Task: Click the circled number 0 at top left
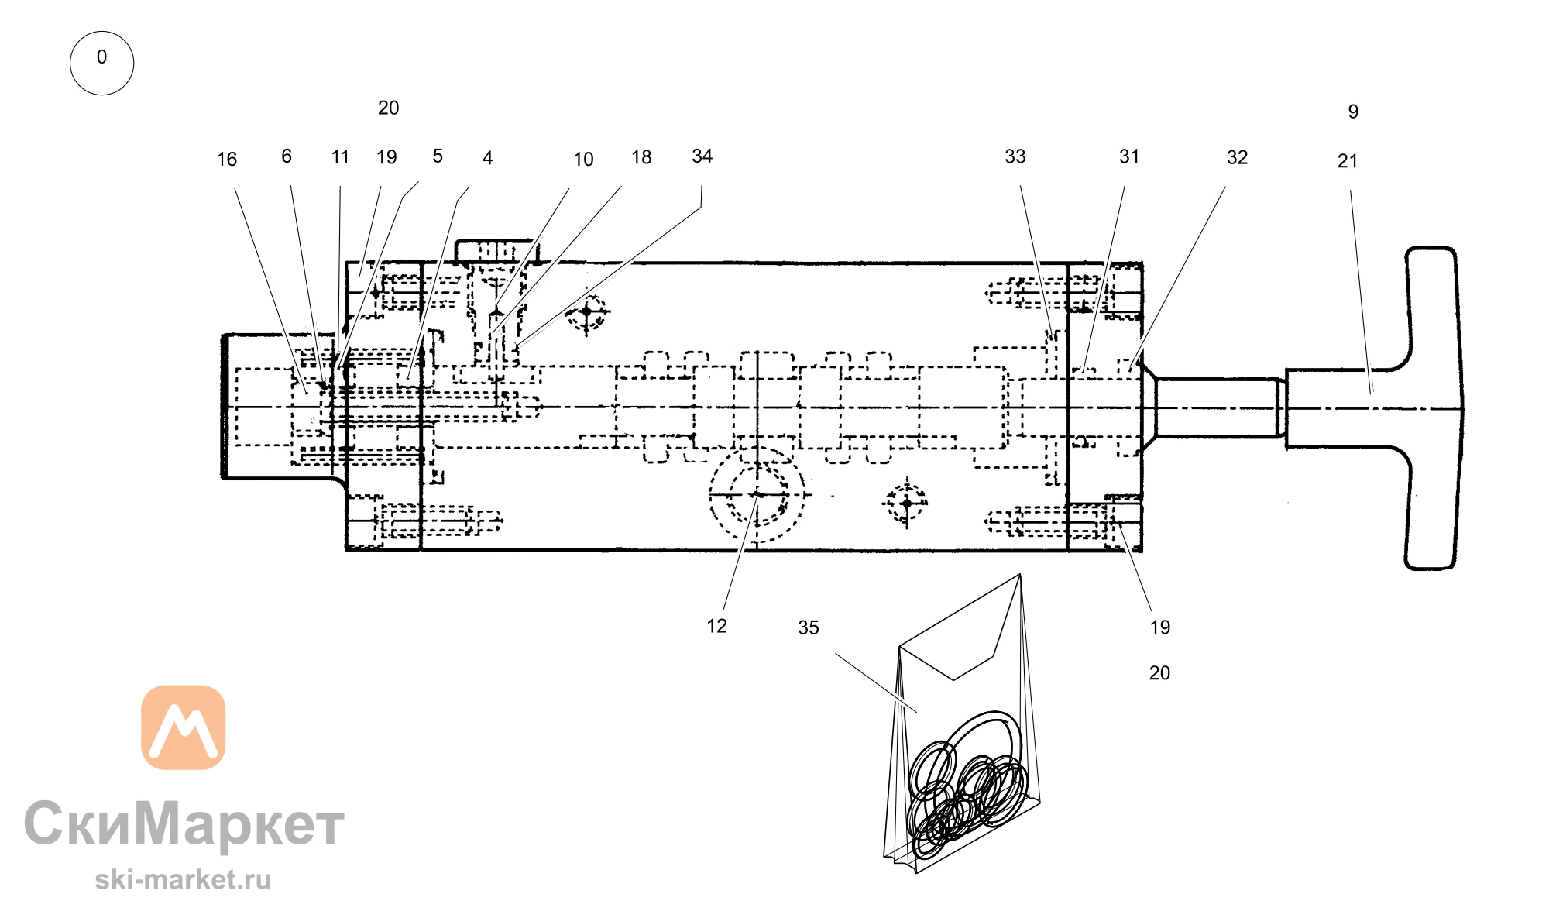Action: point(101,63)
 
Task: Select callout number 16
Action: point(227,160)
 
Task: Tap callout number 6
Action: point(287,156)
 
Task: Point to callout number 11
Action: point(340,157)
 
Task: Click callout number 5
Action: point(438,156)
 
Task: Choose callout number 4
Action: point(488,158)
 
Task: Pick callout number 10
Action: point(583,160)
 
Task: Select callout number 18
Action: point(641,157)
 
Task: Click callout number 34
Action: point(702,156)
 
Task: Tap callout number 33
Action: point(1015,156)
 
